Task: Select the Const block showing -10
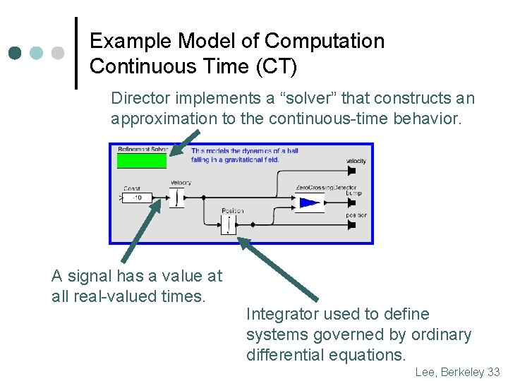pyautogui.click(x=137, y=198)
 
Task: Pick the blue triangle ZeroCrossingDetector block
pyautogui.click(x=308, y=203)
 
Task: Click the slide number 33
pyautogui.click(x=492, y=372)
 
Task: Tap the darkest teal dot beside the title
pyautogui.click(x=15, y=53)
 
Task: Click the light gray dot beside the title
pyautogui.click(x=59, y=53)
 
